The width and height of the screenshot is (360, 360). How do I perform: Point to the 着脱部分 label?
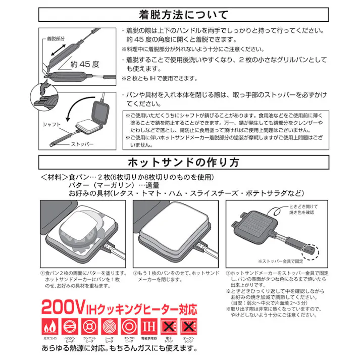click(56, 37)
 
